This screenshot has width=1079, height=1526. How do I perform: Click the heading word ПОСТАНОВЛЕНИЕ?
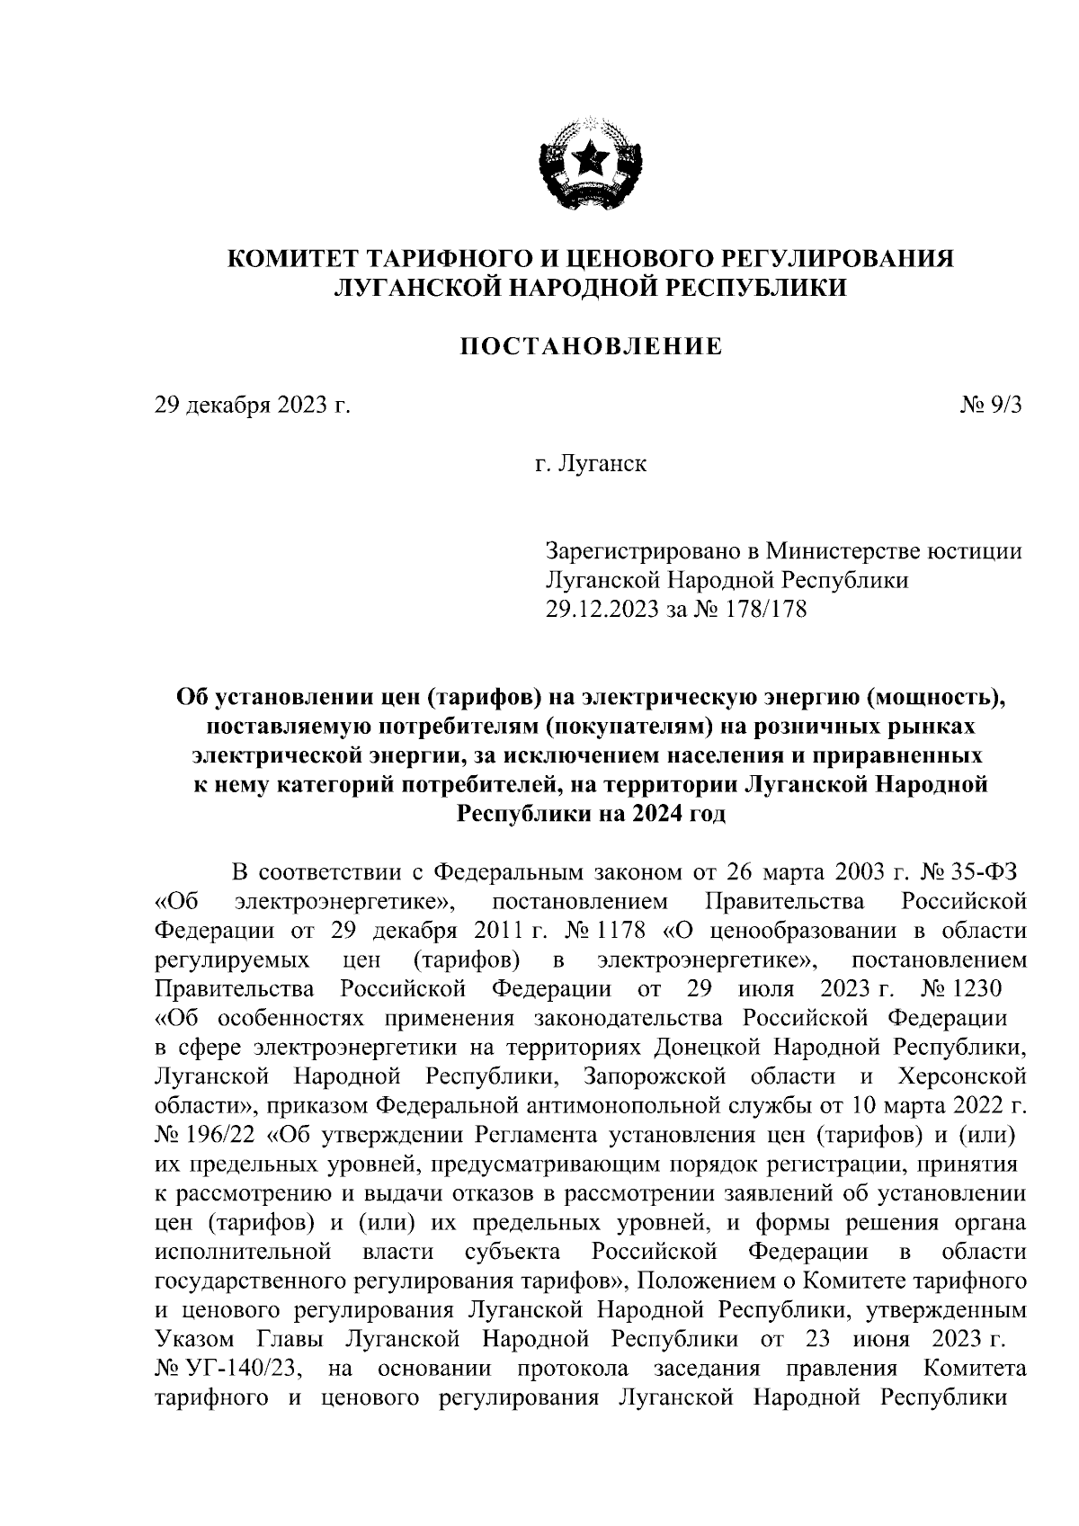[x=592, y=346]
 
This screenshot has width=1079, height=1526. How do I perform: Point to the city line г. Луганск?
[x=591, y=465]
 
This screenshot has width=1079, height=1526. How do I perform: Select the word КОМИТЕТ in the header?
[x=292, y=259]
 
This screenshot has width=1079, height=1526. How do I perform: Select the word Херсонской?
[x=961, y=1076]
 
